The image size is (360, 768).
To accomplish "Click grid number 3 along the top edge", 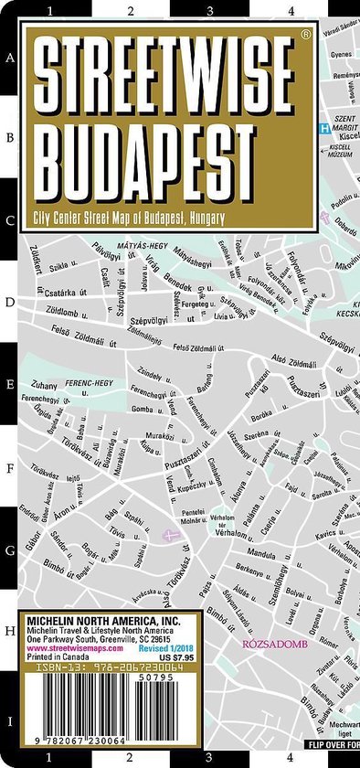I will pyautogui.click(x=211, y=11).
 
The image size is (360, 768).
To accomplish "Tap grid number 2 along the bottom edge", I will pyautogui.click(x=131, y=756).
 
